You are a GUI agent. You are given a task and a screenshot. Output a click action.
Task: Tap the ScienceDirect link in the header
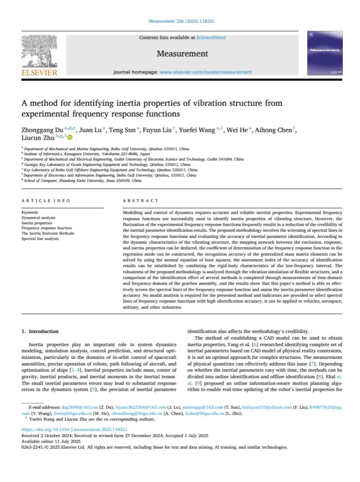click(211, 38)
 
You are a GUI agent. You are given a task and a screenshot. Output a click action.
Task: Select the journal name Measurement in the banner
click(183, 54)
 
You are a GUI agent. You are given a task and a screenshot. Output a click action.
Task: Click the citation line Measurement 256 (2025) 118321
click(182, 21)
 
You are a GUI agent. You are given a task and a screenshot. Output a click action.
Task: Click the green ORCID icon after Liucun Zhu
click(70, 138)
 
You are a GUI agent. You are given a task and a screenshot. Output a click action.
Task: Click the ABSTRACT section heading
click(141, 200)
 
